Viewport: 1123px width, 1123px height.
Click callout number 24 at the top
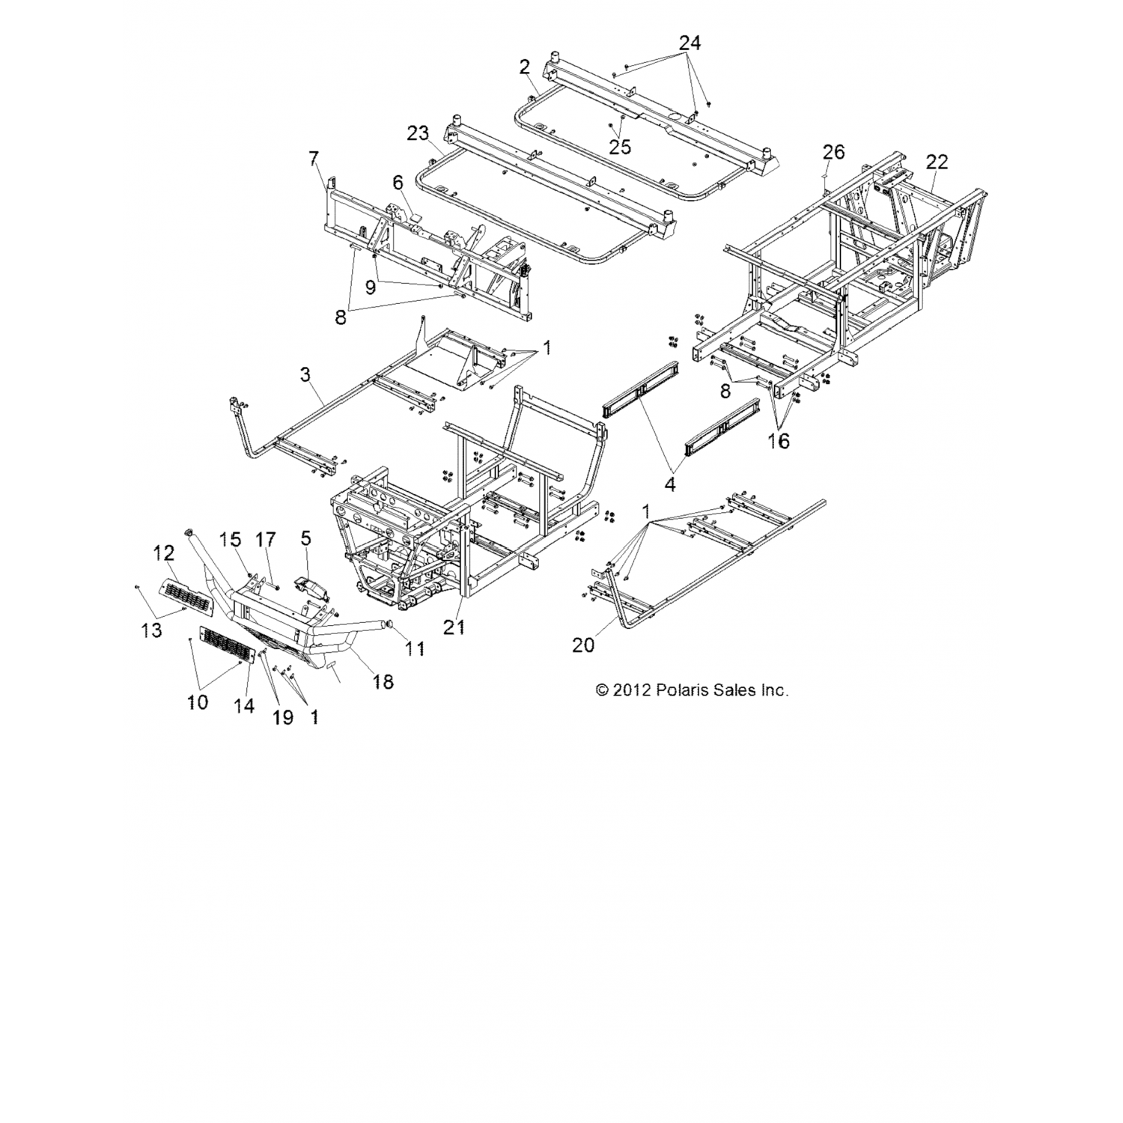(x=690, y=43)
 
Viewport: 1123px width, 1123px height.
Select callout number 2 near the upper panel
(x=525, y=67)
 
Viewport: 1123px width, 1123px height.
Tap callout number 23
(x=418, y=133)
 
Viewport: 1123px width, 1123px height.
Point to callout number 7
(x=313, y=158)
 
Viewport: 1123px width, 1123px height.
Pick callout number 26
(x=833, y=152)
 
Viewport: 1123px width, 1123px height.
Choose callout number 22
(x=937, y=162)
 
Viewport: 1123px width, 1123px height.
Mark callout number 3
(x=305, y=374)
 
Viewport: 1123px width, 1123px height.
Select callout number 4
(x=670, y=484)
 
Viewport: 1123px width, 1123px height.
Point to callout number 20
(x=583, y=644)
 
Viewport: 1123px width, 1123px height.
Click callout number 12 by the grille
(x=164, y=553)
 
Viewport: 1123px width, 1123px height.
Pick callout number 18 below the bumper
(x=383, y=681)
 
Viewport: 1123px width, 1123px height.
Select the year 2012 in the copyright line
(x=633, y=690)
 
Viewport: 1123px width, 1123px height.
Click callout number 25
(x=620, y=147)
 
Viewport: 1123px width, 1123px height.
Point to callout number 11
(x=415, y=648)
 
